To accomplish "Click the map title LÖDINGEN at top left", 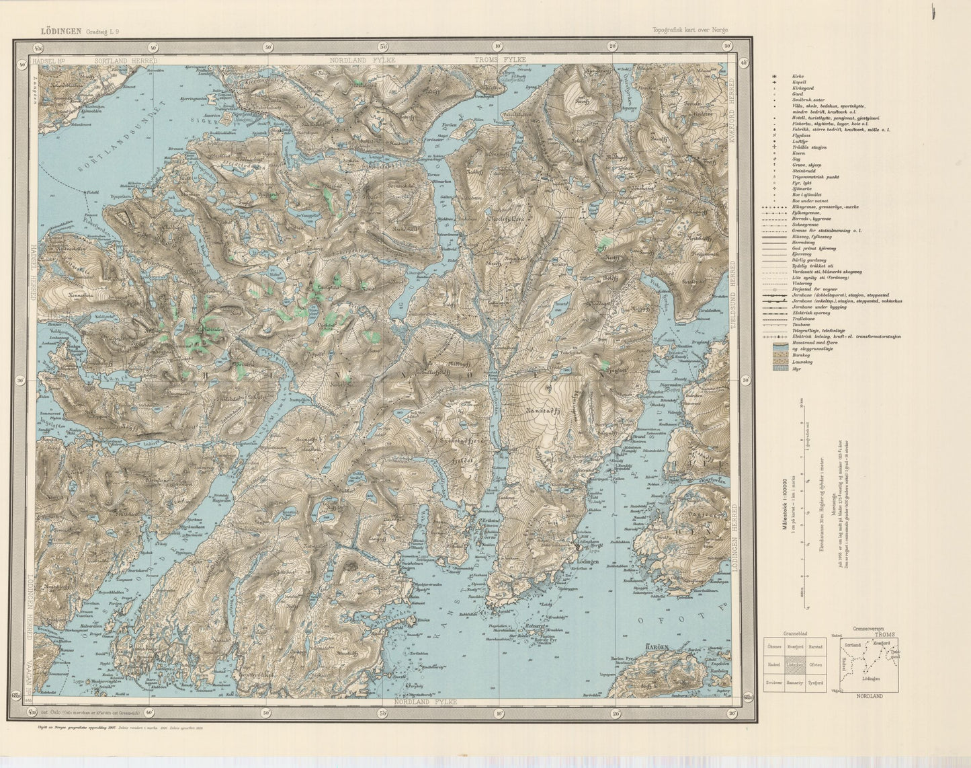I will [x=60, y=30].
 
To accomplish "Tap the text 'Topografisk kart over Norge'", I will [x=689, y=30].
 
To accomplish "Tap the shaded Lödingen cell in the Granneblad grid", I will [x=796, y=664].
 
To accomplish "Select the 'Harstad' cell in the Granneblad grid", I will [x=816, y=647].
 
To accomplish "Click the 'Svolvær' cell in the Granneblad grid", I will [x=775, y=682].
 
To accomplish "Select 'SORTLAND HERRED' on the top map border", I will [x=126, y=60].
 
